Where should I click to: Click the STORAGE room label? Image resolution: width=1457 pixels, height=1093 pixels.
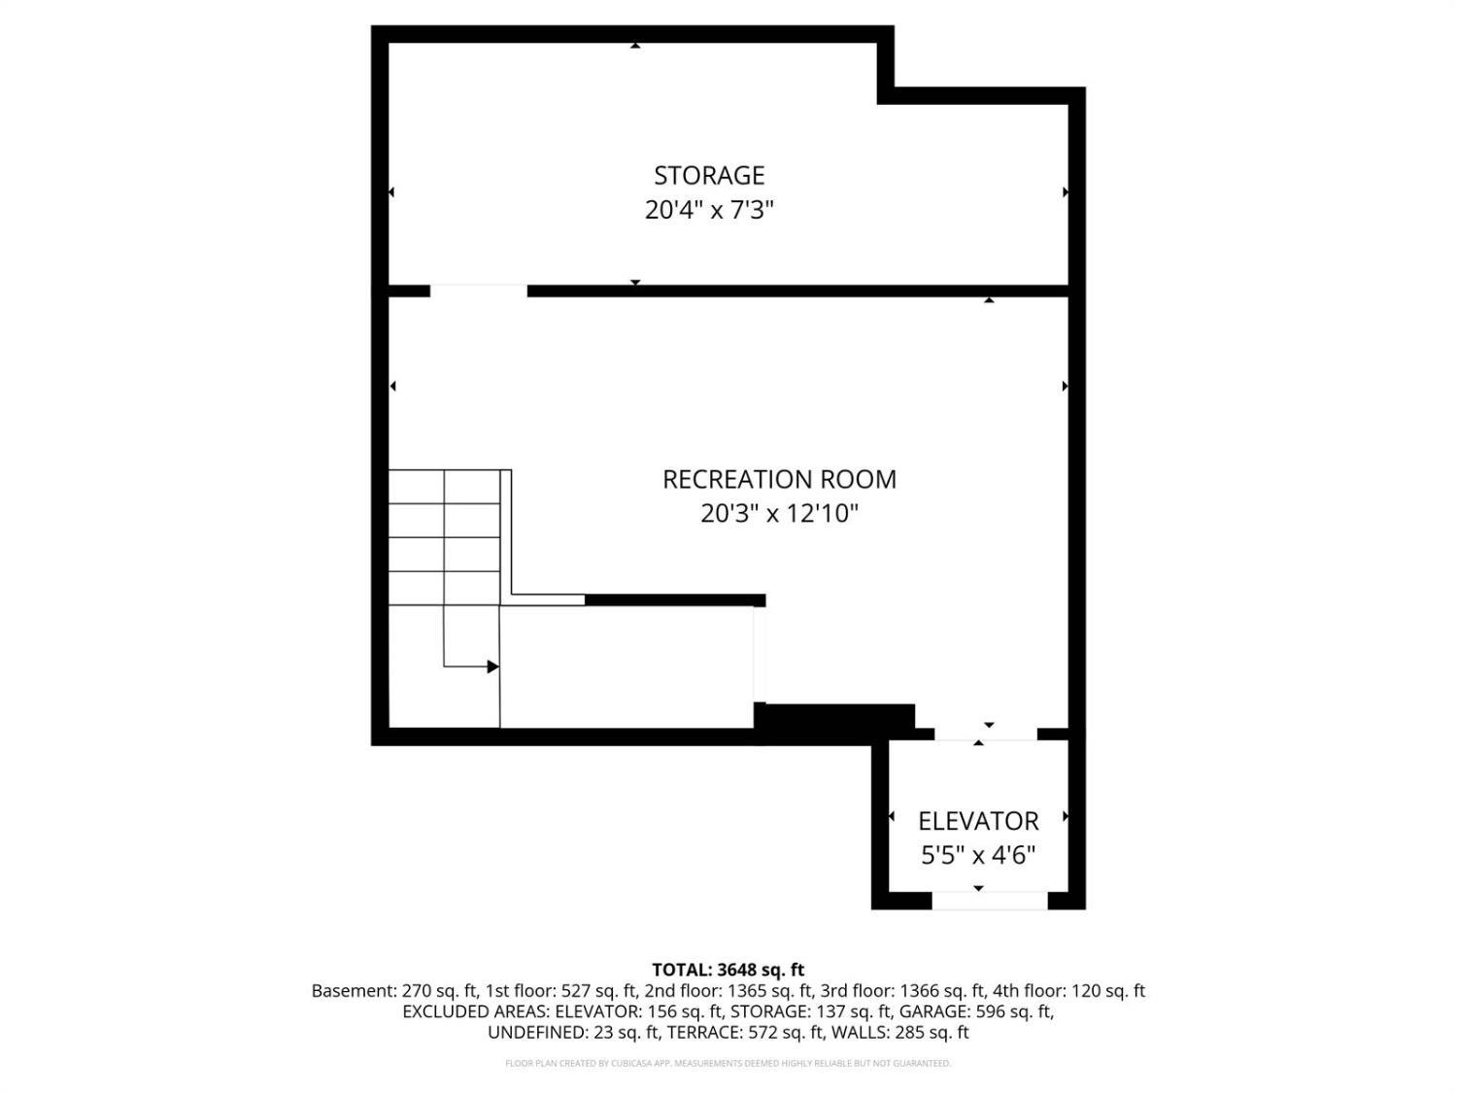pyautogui.click(x=709, y=175)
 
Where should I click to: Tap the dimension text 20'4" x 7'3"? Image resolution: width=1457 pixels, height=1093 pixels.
pyautogui.click(x=709, y=211)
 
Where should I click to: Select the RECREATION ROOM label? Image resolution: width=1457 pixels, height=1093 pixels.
pyautogui.click(x=779, y=479)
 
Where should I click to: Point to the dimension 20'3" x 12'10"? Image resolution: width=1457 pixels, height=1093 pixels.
pyautogui.click(x=779, y=514)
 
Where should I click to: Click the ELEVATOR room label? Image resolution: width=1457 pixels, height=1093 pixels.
pyautogui.click(x=978, y=821)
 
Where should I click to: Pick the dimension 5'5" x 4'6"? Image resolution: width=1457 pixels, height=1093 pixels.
pyautogui.click(x=978, y=855)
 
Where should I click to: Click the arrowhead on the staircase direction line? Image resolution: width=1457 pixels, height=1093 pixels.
pyautogui.click(x=492, y=666)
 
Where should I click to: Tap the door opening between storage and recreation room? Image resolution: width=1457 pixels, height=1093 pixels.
pyautogui.click(x=479, y=290)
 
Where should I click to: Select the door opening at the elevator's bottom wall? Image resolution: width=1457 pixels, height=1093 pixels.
pyautogui.click(x=990, y=901)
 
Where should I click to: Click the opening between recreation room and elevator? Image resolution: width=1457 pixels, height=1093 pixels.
pyautogui.click(x=986, y=734)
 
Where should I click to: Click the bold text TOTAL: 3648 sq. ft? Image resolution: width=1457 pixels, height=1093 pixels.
pyautogui.click(x=728, y=970)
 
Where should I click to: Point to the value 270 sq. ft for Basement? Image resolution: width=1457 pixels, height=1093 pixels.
pyautogui.click(x=439, y=991)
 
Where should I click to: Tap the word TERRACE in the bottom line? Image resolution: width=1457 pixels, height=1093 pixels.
pyautogui.click(x=705, y=1032)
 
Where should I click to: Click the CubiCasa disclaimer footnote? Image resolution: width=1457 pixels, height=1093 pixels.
pyautogui.click(x=728, y=1063)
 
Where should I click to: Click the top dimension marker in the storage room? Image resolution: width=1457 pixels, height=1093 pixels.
pyautogui.click(x=635, y=46)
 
